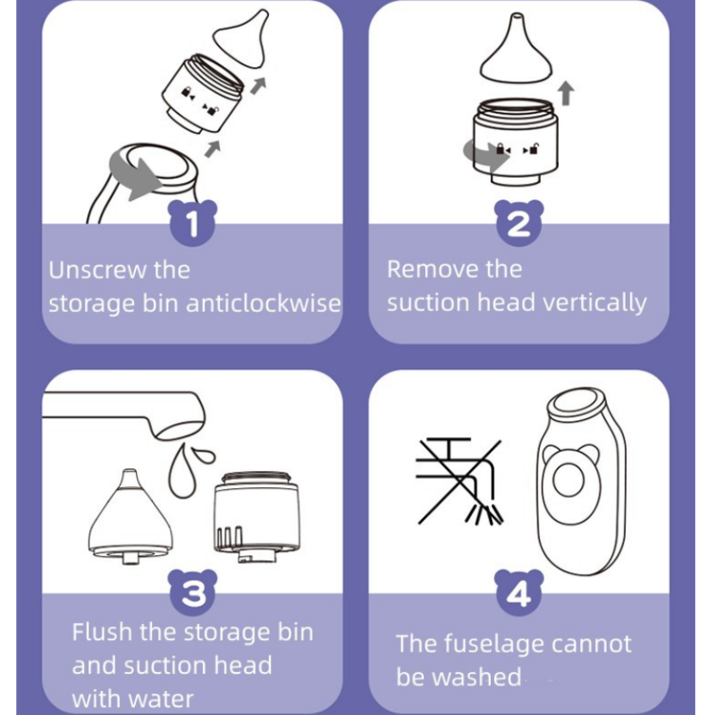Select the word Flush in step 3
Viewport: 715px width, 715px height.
click(x=100, y=633)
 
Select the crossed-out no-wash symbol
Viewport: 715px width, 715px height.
click(x=457, y=478)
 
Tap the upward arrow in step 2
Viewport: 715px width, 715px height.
click(x=565, y=93)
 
